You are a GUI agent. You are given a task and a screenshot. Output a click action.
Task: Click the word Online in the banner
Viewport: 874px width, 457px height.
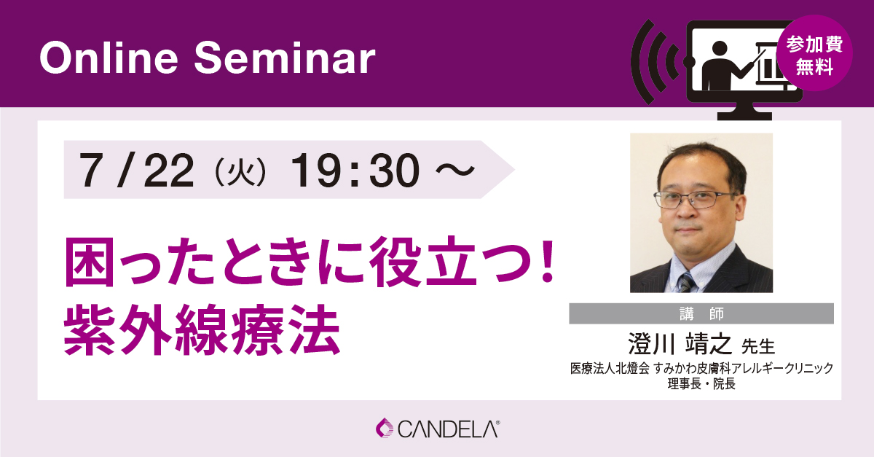coord(109,58)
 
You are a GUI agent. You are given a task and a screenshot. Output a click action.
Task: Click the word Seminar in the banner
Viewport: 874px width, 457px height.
coord(285,58)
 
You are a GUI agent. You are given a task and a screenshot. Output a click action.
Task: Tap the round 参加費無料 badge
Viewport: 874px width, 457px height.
coord(814,53)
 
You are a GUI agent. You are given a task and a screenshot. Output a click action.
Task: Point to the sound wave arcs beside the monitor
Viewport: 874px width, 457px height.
coord(655,63)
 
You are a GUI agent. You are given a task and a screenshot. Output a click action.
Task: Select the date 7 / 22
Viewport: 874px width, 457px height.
coord(137,171)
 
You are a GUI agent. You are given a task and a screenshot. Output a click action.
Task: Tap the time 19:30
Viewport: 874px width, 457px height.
coord(355,171)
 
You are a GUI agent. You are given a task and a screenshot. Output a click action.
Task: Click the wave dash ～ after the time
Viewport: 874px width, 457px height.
coord(455,171)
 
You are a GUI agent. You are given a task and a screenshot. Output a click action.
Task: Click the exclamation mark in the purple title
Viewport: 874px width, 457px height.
coord(548,260)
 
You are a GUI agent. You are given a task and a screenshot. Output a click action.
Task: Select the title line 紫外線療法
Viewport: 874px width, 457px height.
coord(202,330)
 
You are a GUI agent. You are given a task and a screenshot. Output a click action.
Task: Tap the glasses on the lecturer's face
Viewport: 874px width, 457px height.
coord(695,200)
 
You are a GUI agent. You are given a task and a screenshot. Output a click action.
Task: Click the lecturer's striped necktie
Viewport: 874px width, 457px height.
coord(687,282)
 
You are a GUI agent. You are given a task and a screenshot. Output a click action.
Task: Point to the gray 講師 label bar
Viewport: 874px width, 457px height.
coord(701,313)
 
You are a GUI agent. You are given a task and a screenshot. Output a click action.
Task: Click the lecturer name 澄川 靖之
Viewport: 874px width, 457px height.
coord(680,344)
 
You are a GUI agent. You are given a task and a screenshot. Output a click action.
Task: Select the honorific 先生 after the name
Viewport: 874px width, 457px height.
coord(757,346)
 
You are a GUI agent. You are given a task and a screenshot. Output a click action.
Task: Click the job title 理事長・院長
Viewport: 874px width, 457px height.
coord(701,384)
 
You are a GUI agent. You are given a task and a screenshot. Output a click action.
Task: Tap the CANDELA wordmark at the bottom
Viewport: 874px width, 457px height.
coord(449,429)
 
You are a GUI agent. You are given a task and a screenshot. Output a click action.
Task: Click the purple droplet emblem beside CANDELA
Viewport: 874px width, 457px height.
coord(385,428)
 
